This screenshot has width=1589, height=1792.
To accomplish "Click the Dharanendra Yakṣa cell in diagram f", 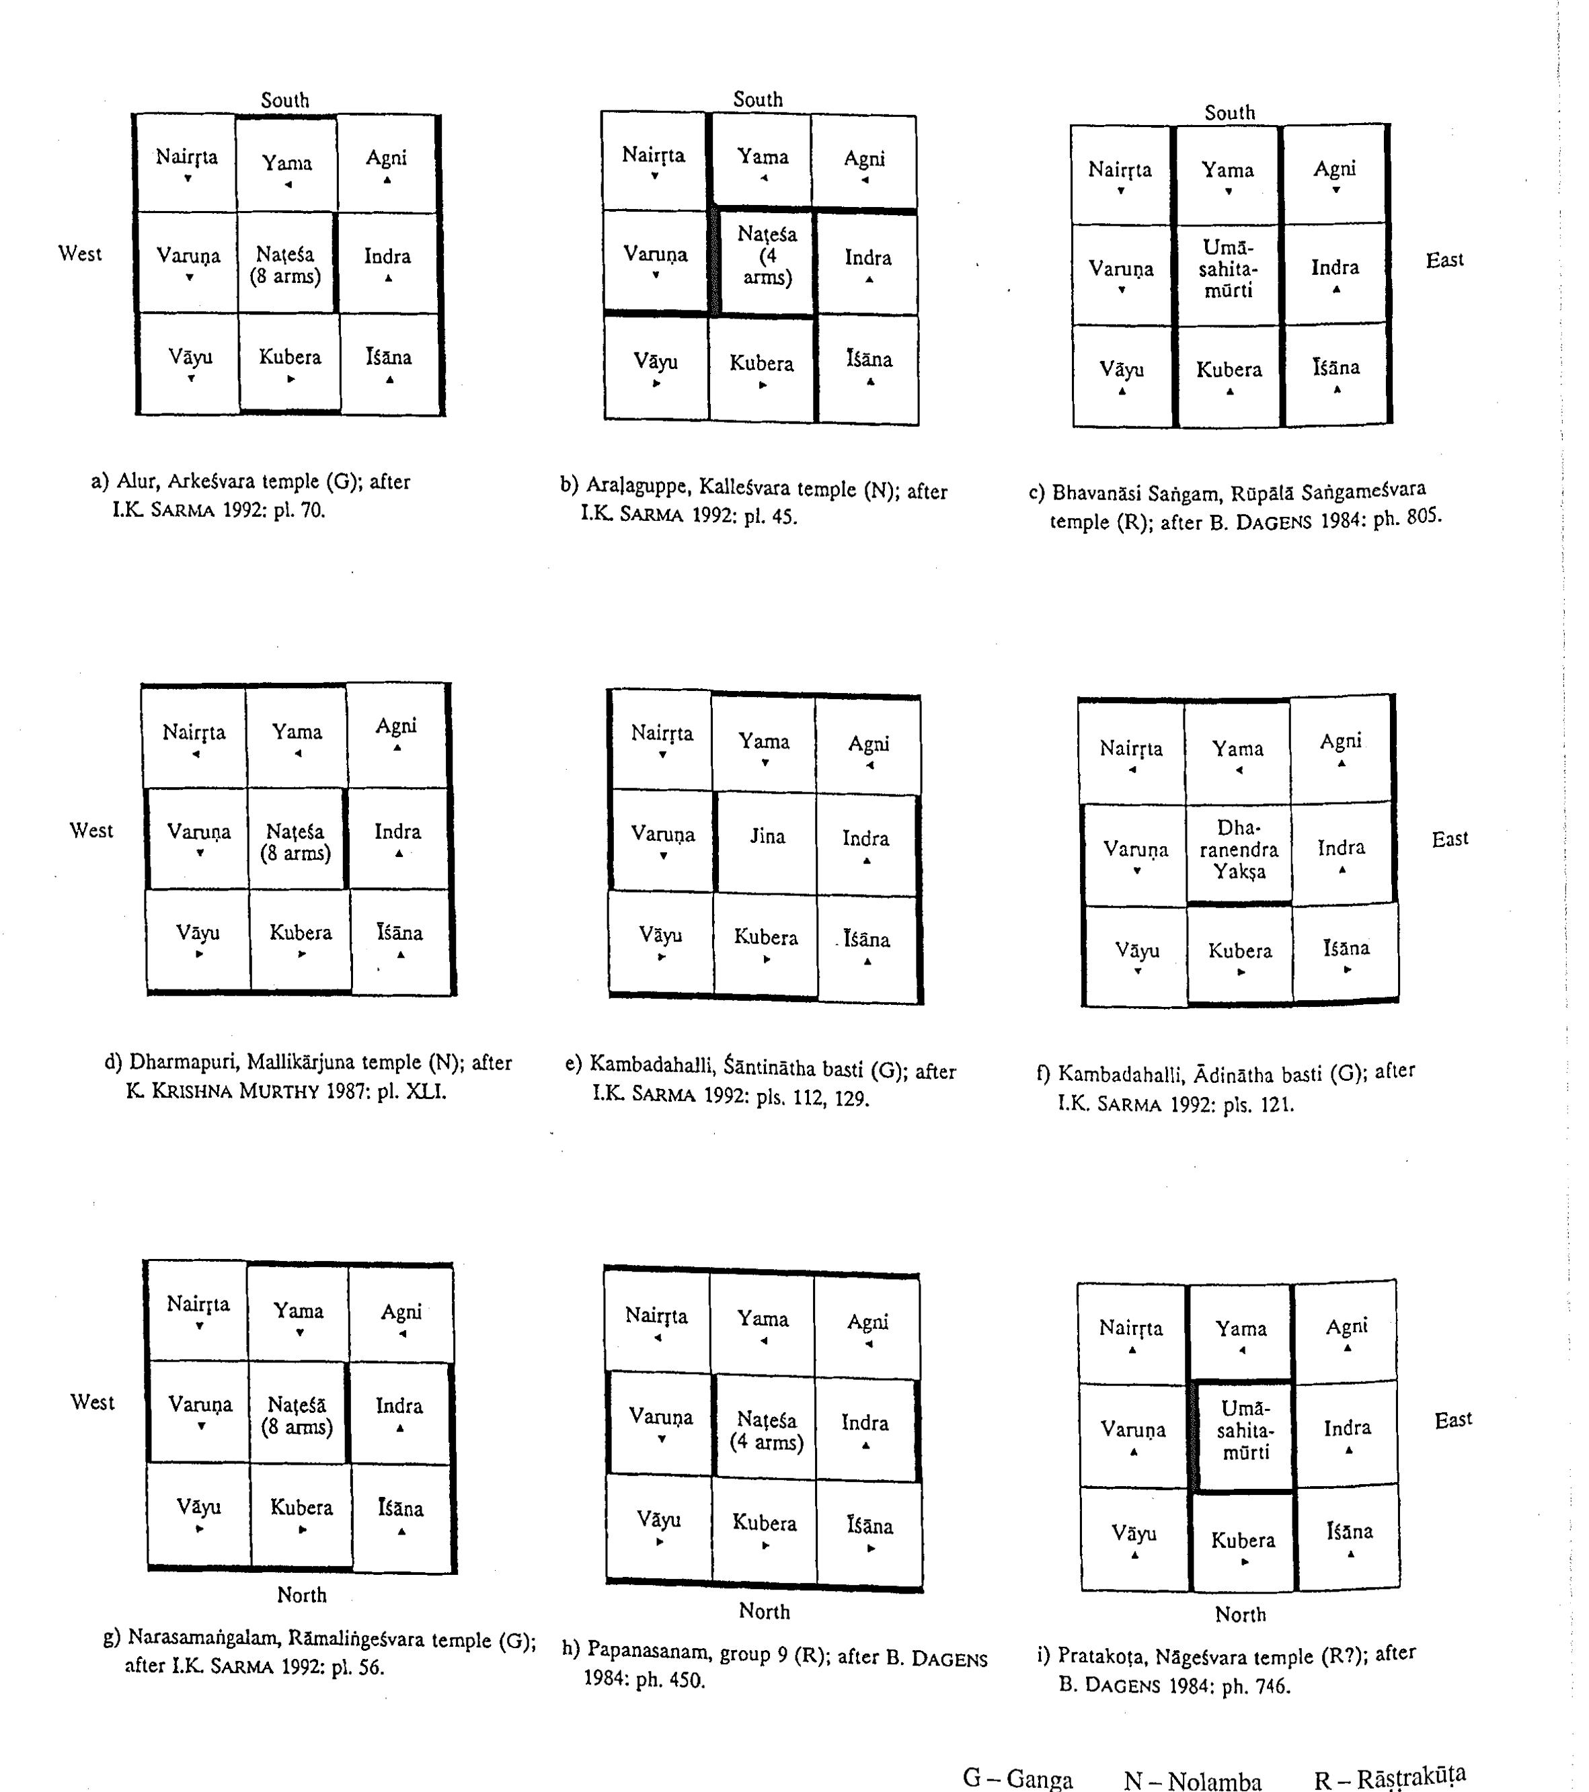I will pos(1238,850).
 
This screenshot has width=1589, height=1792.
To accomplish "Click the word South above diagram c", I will pos(1229,112).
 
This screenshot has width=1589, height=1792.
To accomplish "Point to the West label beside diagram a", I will pos(80,253).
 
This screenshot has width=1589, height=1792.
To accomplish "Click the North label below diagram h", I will pos(764,1611).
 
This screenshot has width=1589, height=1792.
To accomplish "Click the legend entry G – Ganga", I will pos(1017,1778).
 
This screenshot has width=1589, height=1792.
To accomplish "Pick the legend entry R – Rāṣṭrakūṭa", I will pos(1389,1777).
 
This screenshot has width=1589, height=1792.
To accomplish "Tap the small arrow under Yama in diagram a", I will pos(288,184).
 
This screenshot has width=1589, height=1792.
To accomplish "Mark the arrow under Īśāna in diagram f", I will pos(1347,970).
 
